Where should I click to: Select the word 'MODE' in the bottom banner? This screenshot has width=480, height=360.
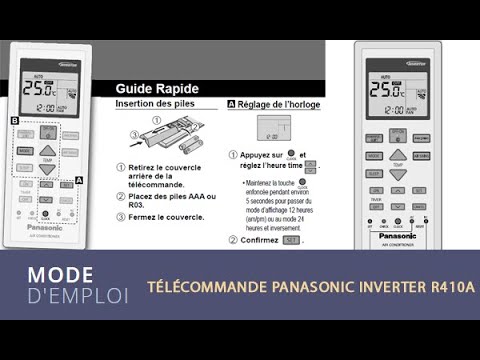point(61,275)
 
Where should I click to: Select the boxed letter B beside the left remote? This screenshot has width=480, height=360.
point(14,121)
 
